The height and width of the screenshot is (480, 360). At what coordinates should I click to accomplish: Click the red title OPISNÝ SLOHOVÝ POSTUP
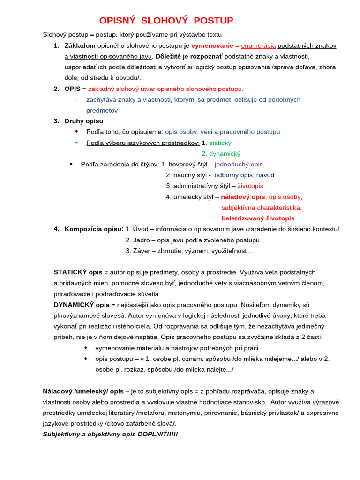pos(166,21)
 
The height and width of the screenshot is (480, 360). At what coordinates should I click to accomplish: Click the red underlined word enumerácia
pos(258,45)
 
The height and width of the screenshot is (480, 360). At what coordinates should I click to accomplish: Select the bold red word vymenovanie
pos(212,45)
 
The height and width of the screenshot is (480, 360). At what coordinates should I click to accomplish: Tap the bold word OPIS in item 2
pos(72,89)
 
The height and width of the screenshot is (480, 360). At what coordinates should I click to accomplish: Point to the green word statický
pos(220,142)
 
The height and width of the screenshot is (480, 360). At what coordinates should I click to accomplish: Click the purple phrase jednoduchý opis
pos(239,164)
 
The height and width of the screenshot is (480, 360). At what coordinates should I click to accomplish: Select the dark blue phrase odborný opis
pos(233,175)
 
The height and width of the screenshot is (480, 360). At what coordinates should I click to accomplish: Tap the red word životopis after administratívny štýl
pos(250,186)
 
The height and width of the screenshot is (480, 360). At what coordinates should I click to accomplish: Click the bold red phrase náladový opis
pos(243,196)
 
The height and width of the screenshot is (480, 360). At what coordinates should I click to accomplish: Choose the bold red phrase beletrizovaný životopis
pos(258,218)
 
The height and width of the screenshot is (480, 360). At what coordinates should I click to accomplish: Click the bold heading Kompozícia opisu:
pos(94,229)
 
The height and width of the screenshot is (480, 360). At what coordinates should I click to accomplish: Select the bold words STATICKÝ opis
pos(78,272)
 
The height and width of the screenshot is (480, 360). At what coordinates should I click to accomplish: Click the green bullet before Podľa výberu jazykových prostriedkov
pos(77,142)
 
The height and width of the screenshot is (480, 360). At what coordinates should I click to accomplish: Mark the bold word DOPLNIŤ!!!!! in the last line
pos(157,434)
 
